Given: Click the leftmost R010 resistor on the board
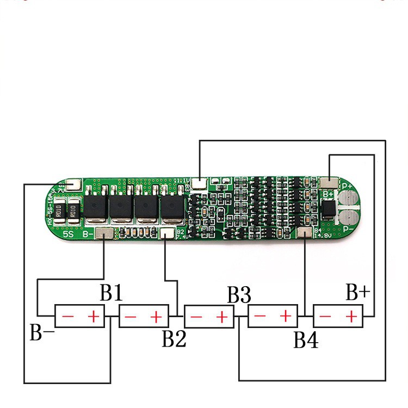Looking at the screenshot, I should [59, 213].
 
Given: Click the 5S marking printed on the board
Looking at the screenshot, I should [68, 234].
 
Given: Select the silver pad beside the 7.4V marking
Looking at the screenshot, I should [166, 233].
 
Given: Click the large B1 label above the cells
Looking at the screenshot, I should [111, 294].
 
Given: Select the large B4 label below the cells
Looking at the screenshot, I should [306, 341].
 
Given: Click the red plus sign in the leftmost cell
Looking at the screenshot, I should [94, 316].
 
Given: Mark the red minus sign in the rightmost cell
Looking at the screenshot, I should [326, 316].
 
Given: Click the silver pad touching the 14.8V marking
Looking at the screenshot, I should [305, 233].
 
